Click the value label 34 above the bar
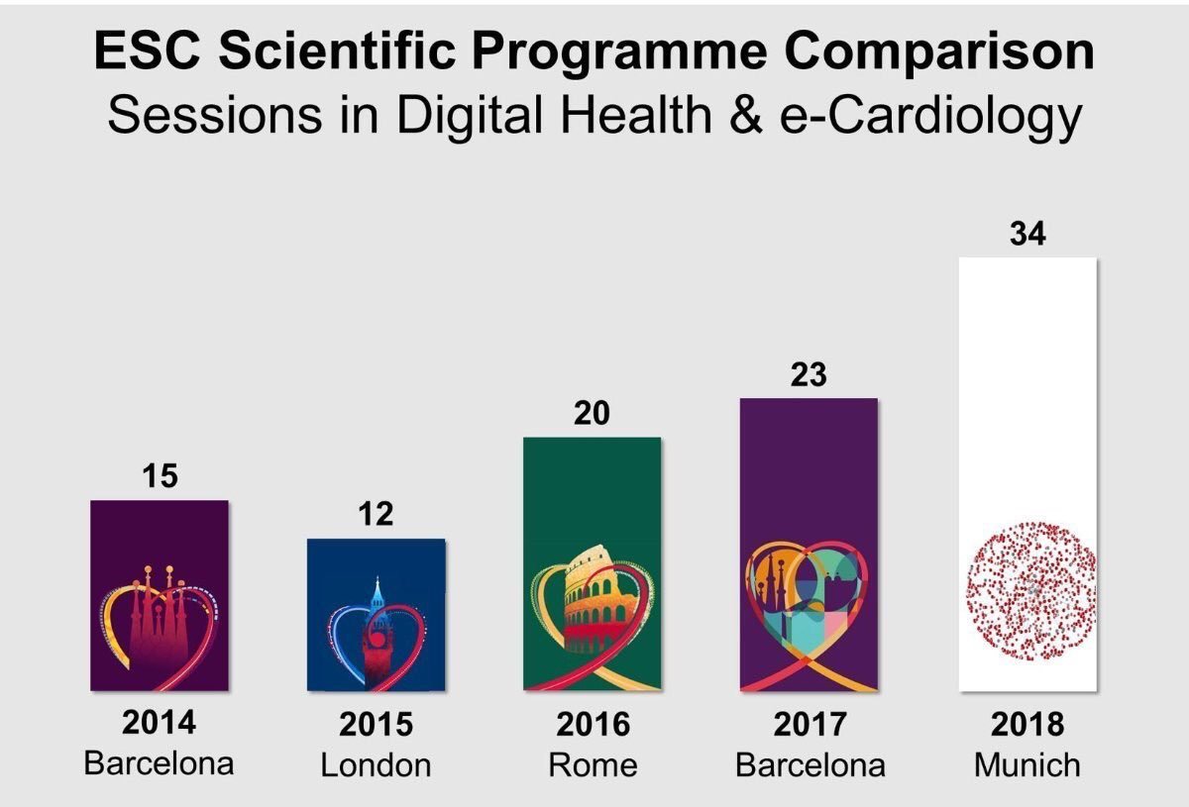[x=1027, y=235]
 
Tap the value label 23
[x=808, y=376]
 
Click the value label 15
[x=160, y=476]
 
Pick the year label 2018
[x=1027, y=725]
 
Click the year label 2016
[x=593, y=725]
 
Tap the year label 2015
[x=376, y=725]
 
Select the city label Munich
[x=1027, y=765]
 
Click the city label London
[x=376, y=765]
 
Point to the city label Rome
[x=593, y=765]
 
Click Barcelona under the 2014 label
[x=160, y=763]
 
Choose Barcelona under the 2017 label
[x=810, y=765]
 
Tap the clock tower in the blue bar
[x=377, y=624]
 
